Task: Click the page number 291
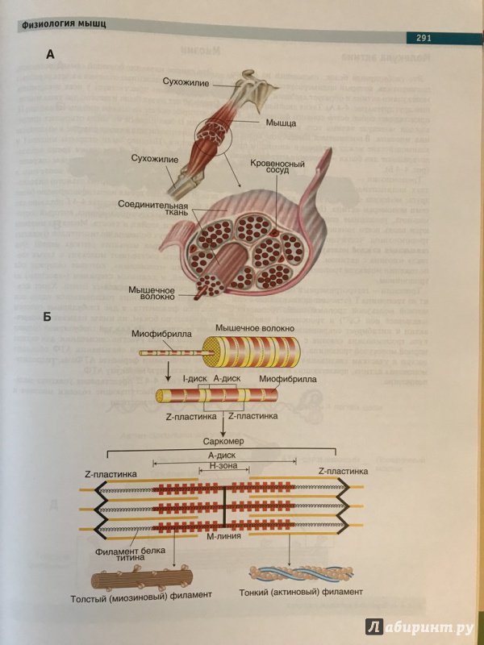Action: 423,38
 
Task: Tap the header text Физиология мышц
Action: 65,24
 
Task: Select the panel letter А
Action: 50,54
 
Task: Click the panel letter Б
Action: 49,317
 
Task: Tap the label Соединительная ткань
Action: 152,209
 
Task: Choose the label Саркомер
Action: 223,441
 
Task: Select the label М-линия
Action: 224,536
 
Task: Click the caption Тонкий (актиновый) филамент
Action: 301,592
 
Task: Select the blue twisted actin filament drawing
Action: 302,572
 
